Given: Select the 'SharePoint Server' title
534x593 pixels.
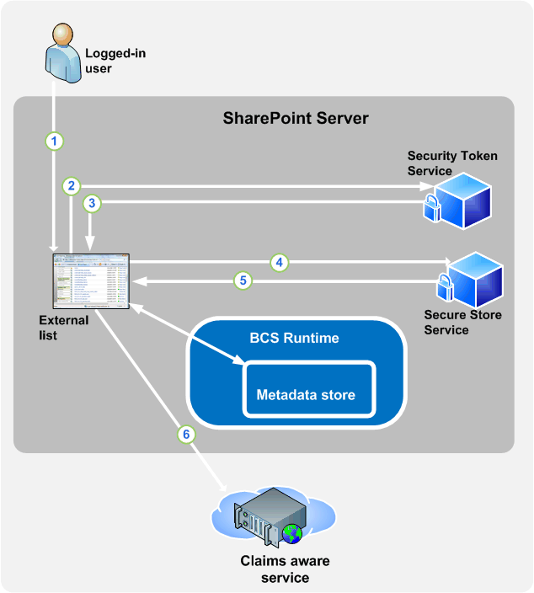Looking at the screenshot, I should [x=295, y=118].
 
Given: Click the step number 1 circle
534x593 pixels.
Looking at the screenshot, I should [x=55, y=142].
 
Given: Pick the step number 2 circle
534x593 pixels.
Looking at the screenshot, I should [x=72, y=185].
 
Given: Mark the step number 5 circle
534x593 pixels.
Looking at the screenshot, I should [x=243, y=281].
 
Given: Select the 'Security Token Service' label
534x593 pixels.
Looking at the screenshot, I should [x=452, y=163].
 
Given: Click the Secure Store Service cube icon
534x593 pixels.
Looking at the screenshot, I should [x=473, y=279].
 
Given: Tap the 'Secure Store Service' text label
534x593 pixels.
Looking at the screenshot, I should [x=462, y=323].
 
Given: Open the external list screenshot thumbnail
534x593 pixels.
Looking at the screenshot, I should [x=91, y=280].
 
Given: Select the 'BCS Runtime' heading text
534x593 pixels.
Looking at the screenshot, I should [x=295, y=339].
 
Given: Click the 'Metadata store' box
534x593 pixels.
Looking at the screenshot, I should [x=307, y=393].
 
